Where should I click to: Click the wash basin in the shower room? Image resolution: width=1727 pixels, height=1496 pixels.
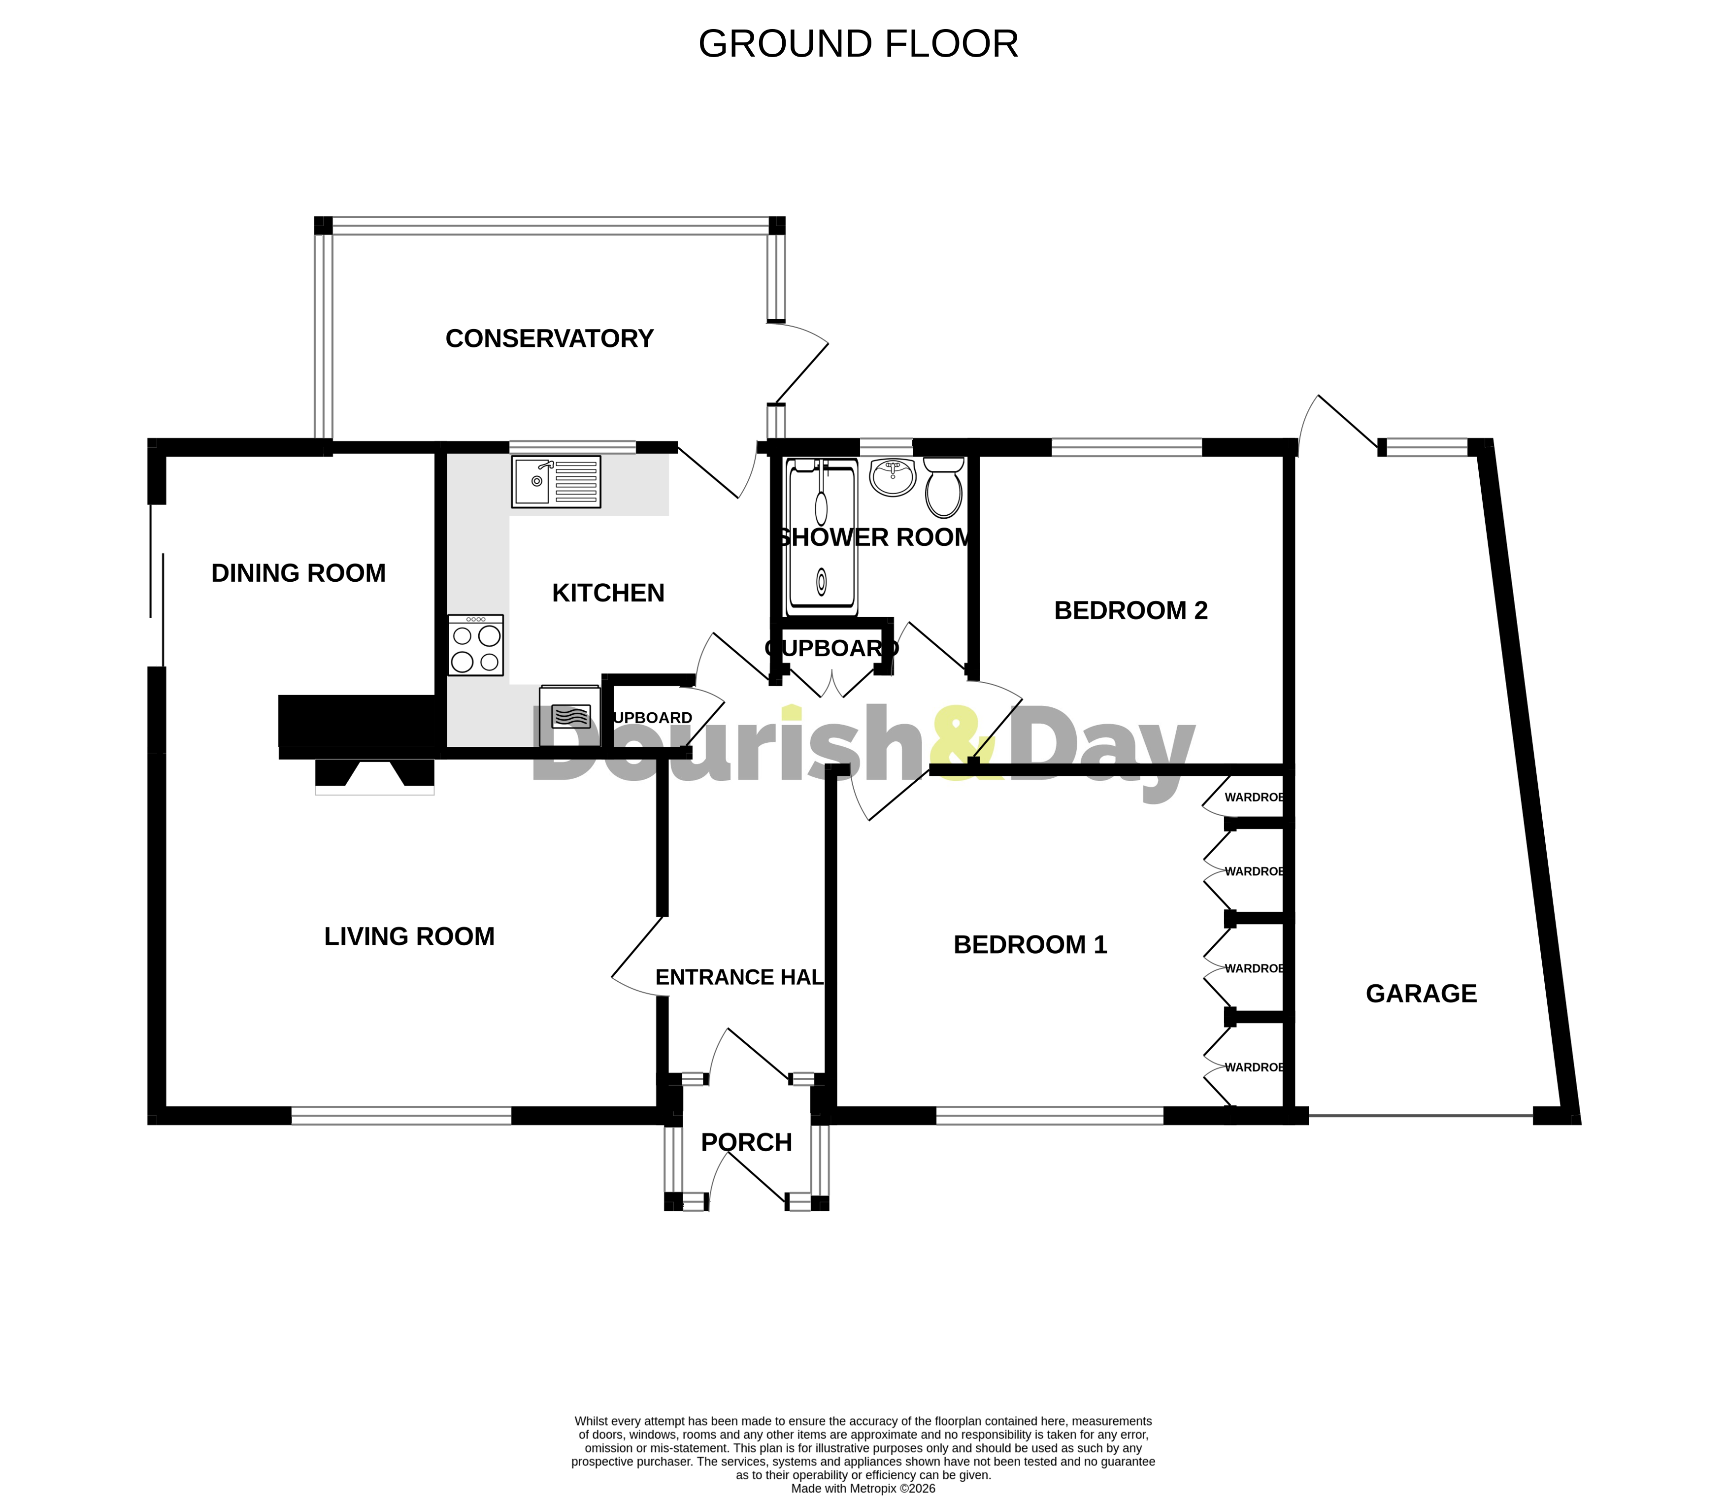tap(892, 477)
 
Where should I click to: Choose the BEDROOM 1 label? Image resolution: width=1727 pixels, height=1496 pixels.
tap(1030, 945)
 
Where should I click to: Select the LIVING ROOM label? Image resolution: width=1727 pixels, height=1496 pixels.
tap(409, 937)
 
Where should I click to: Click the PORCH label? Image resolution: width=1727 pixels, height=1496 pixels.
tap(746, 1143)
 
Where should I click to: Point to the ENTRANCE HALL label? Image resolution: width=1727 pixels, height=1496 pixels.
tap(739, 978)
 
